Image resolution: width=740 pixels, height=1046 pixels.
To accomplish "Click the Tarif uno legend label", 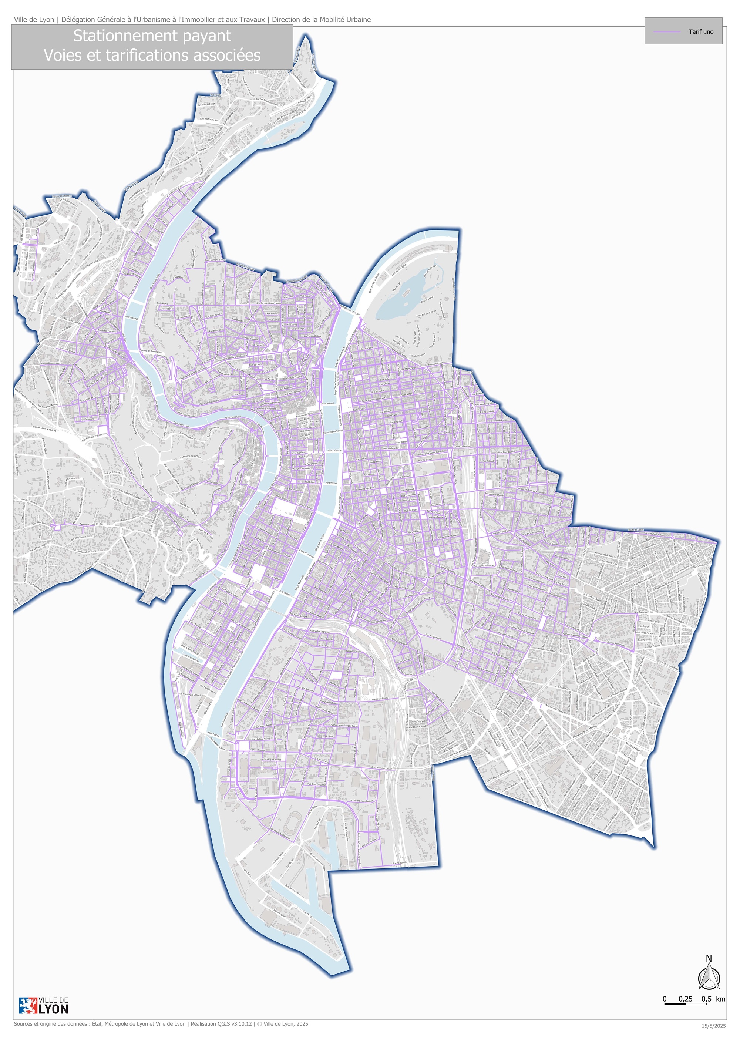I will click(701, 32).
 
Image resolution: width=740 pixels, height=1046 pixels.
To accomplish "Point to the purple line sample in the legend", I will click(667, 32).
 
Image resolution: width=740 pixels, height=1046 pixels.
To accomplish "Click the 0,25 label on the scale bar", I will click(685, 999).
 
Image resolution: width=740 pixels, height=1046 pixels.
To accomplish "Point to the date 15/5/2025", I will click(713, 1026).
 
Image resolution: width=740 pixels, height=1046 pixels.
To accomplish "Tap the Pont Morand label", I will click(327, 403).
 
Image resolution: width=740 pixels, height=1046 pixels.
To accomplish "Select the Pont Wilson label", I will click(331, 482).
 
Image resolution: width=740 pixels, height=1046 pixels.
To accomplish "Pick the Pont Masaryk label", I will click(131, 317).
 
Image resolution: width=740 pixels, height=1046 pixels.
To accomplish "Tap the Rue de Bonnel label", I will click(425, 460).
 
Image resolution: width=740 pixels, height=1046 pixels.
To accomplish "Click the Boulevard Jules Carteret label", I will click(362, 800).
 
